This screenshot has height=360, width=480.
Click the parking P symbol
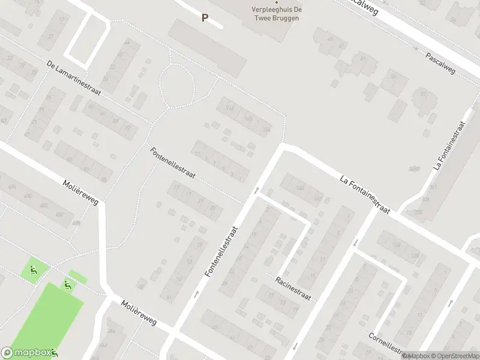(x=205, y=18)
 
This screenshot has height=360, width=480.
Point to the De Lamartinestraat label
(x=74, y=78)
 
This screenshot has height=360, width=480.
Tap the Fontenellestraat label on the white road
(x=221, y=251)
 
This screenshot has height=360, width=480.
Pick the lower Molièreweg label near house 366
(x=138, y=313)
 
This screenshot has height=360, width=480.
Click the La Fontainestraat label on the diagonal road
(x=365, y=194)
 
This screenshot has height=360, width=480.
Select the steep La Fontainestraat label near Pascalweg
(x=450, y=145)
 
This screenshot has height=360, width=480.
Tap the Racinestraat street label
(x=293, y=289)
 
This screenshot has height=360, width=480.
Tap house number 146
(x=300, y=188)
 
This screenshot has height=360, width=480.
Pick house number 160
(x=248, y=119)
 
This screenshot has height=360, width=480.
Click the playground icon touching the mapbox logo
(x=54, y=352)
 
